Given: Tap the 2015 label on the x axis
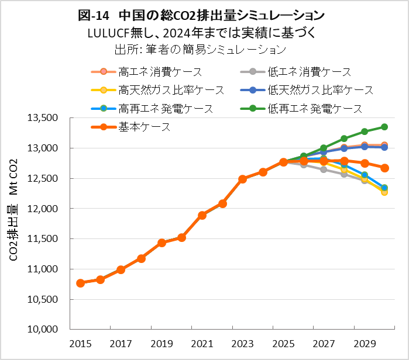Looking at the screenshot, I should (80, 344).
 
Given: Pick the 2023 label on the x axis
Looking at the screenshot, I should (242, 344).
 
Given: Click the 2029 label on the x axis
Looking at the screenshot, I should (364, 344).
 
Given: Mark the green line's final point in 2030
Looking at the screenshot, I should (384, 127).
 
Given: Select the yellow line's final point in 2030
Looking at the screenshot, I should (384, 192).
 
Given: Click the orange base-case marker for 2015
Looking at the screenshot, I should (80, 283).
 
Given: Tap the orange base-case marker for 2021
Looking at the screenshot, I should (202, 215).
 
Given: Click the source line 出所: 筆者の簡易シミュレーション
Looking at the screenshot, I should (201, 49).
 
